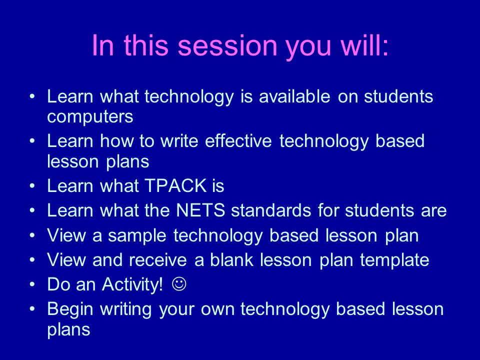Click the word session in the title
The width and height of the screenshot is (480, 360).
(227, 45)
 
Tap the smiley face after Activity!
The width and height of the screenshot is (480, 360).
(179, 284)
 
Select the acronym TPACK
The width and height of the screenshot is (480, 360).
(175, 185)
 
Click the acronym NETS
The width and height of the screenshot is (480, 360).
(200, 210)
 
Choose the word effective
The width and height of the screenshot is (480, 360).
(238, 141)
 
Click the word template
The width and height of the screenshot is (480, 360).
(394, 260)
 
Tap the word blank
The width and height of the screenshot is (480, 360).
(231, 259)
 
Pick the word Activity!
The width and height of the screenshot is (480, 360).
(132, 284)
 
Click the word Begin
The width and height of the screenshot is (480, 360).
(70, 309)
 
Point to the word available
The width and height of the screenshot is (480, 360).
(294, 96)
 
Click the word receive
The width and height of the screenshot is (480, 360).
(157, 260)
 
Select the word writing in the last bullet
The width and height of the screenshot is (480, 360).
(126, 309)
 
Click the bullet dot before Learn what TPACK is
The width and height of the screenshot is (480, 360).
(32, 185)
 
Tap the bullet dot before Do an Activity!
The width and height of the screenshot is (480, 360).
(32, 284)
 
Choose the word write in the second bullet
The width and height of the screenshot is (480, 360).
(179, 141)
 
